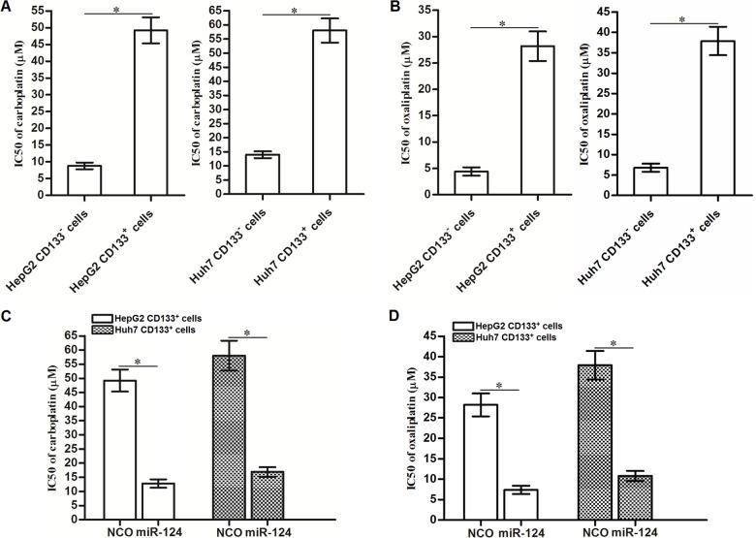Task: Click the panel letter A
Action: pos(7,9)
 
